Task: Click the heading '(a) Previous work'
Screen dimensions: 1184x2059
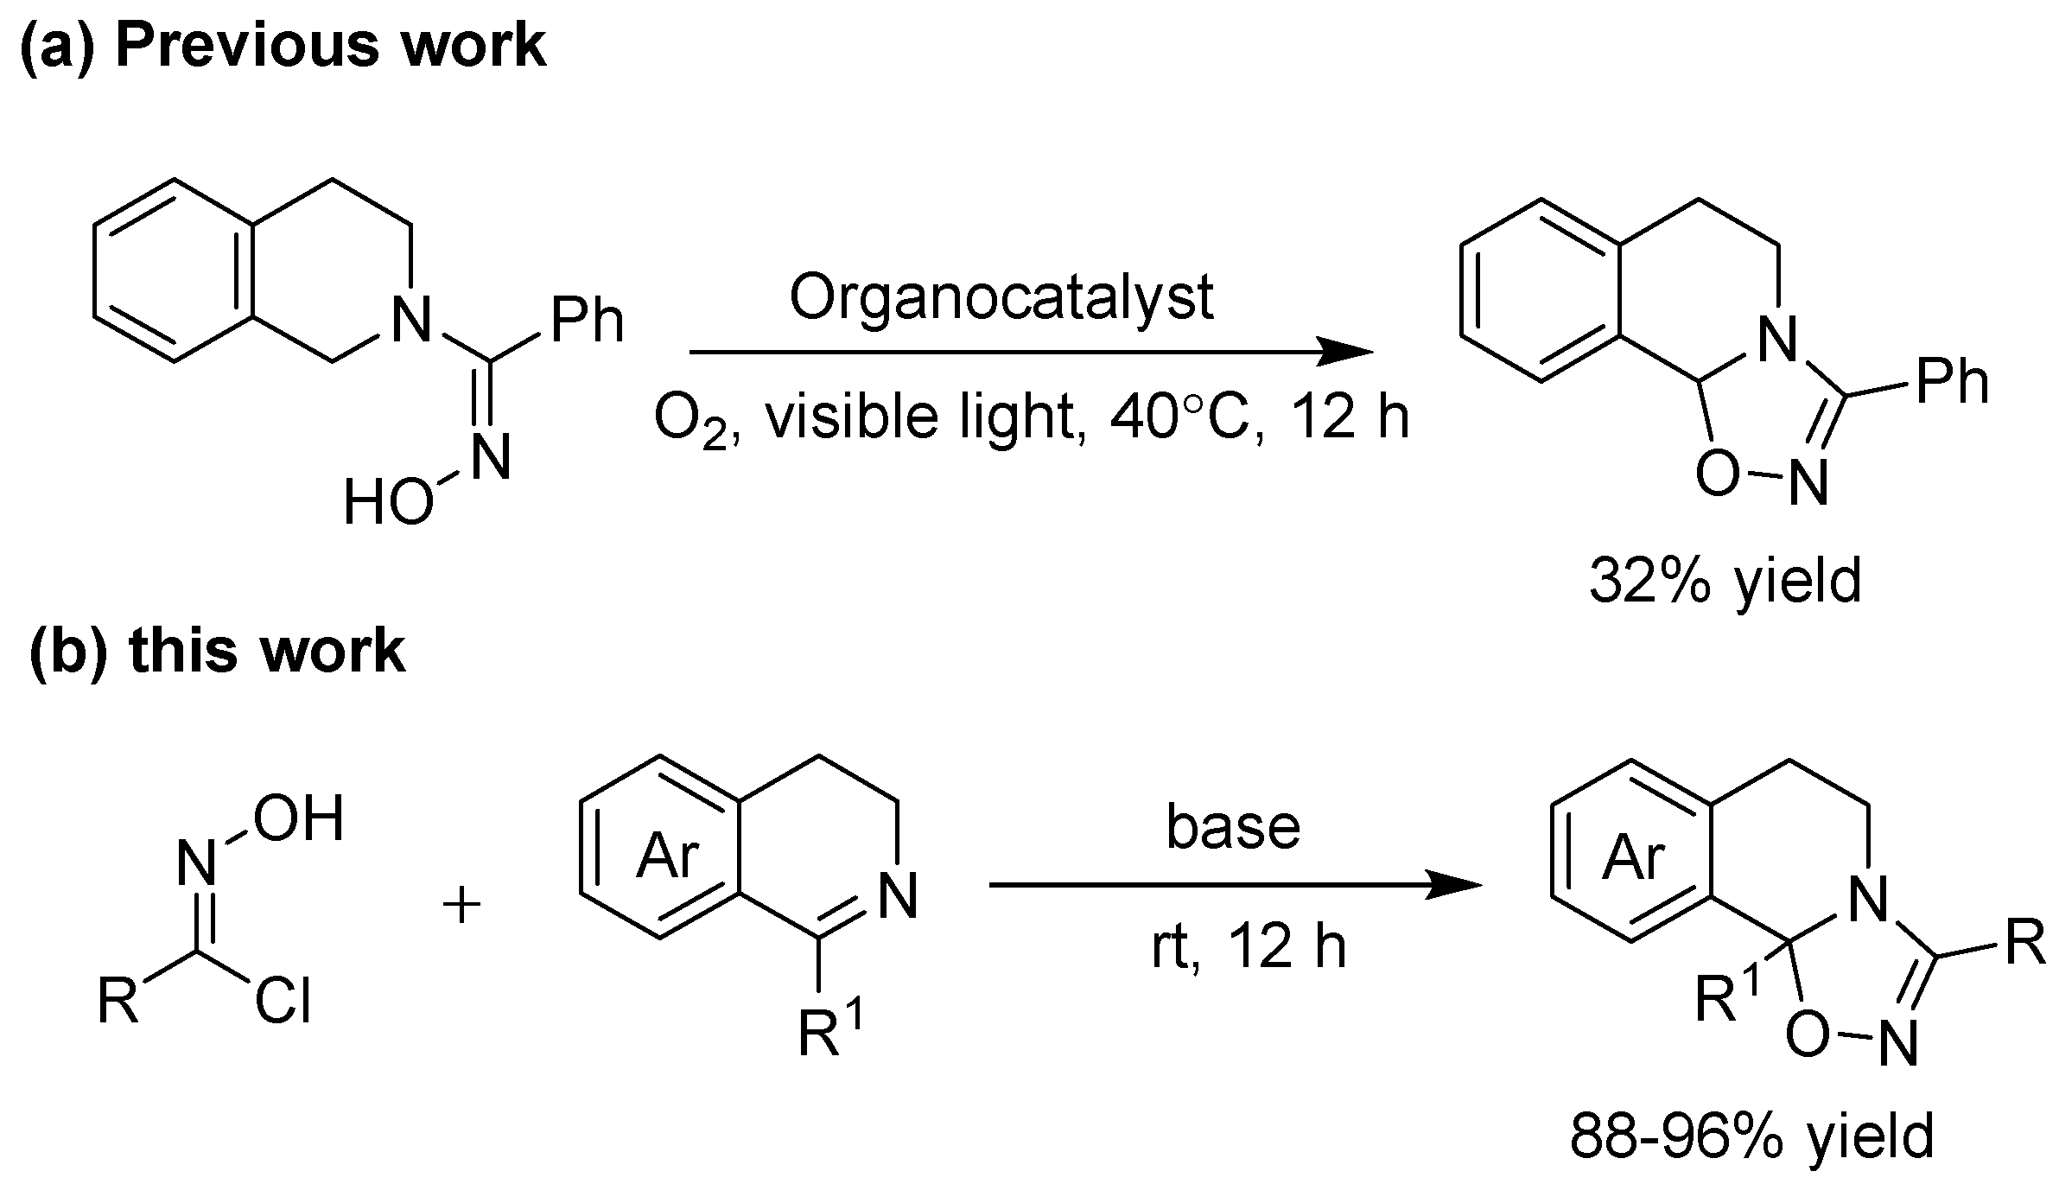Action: pos(283,45)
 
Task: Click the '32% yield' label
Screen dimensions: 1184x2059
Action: pos(1725,582)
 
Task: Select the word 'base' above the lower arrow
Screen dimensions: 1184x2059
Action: pos(1233,827)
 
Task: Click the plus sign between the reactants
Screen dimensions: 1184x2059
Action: pos(461,907)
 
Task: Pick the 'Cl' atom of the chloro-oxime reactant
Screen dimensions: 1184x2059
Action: pos(283,1003)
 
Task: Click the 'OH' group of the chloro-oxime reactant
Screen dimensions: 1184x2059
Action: pos(299,818)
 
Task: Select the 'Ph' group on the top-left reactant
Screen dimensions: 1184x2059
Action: pos(588,321)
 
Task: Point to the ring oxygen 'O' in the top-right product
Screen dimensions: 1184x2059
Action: pos(1718,474)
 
